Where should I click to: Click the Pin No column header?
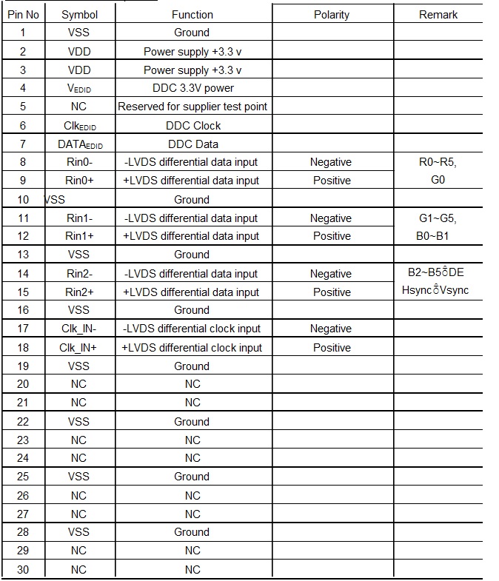(x=23, y=14)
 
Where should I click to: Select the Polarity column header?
(x=331, y=14)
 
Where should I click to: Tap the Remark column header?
(x=438, y=14)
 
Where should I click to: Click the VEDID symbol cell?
(x=78, y=88)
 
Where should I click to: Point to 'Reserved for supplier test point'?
(x=192, y=107)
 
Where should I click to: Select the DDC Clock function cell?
(x=192, y=125)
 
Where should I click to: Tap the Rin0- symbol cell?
(x=78, y=162)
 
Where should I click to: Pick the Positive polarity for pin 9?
(x=331, y=181)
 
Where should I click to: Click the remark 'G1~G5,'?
(x=438, y=218)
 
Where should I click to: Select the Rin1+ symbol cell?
(x=78, y=236)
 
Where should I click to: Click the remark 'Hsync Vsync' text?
(x=435, y=290)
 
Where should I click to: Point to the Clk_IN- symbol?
(x=78, y=329)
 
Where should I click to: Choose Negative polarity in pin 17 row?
(x=331, y=329)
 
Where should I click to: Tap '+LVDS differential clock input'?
(x=192, y=347)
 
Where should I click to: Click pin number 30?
(x=23, y=569)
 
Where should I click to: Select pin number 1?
(x=23, y=33)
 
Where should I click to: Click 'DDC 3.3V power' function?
(x=192, y=88)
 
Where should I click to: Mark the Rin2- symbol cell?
(x=78, y=273)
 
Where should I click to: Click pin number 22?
(x=23, y=421)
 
